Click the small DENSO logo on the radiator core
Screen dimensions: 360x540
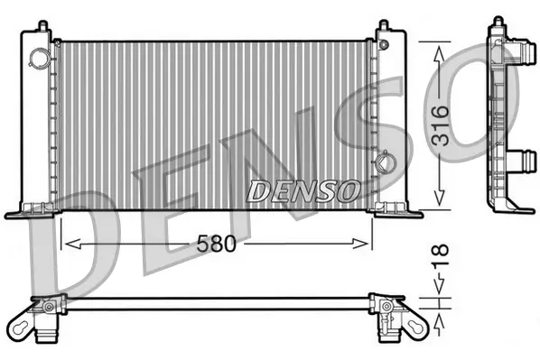pyautogui.click(x=303, y=190)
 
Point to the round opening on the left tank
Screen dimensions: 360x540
pyautogui.click(x=40, y=59)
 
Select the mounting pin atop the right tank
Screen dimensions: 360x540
pyautogui.click(x=385, y=25)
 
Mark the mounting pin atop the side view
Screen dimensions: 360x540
pyautogui.click(x=497, y=23)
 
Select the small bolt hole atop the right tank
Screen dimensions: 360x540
pyautogui.click(x=388, y=42)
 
